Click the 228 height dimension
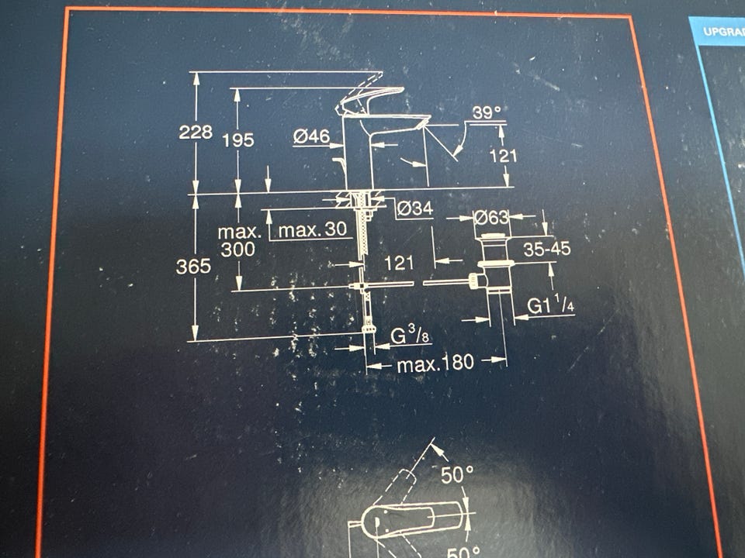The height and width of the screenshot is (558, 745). [x=196, y=133]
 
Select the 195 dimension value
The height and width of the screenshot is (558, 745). [x=238, y=140]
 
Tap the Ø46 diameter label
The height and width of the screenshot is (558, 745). [x=312, y=137]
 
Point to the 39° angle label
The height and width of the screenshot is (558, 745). [x=487, y=113]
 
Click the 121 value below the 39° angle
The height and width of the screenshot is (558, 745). [x=503, y=156]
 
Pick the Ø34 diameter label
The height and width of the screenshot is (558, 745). [x=414, y=208]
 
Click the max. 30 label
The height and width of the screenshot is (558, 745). [x=311, y=230]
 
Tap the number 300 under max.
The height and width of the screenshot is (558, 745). [x=237, y=250]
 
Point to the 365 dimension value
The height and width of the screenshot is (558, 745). [x=194, y=267]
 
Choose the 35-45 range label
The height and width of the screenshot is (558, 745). [x=546, y=250]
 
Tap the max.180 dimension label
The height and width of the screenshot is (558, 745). [x=435, y=363]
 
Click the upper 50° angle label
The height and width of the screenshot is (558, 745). [x=457, y=474]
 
